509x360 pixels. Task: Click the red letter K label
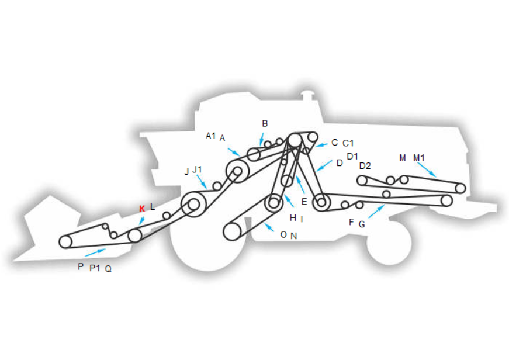tap(142, 209)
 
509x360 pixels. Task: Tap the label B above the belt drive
tap(265, 123)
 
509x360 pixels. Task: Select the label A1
tap(211, 136)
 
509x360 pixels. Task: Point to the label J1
tap(197, 169)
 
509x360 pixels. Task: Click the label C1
tap(348, 143)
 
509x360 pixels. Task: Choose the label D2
tap(365, 166)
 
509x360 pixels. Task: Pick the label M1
tap(419, 158)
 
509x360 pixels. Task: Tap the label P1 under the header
tap(95, 268)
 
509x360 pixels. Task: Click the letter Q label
tap(109, 269)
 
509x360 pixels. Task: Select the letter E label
tap(304, 202)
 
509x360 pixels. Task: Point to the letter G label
tap(362, 224)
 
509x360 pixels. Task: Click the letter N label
tap(293, 236)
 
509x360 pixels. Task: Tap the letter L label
tap(153, 207)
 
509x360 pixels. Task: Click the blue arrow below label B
tap(261, 140)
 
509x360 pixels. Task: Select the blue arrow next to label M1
tap(427, 170)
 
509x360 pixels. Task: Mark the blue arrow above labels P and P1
tap(95, 252)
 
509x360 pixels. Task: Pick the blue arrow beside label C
tap(321, 145)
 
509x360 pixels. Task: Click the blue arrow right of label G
tap(376, 212)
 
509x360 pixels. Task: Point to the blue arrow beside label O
tap(269, 227)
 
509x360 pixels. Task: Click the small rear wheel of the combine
tap(389, 243)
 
